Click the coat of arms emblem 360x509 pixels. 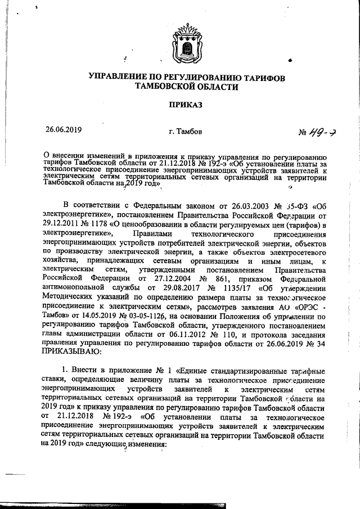(179, 48)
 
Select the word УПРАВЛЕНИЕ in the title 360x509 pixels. (116, 77)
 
